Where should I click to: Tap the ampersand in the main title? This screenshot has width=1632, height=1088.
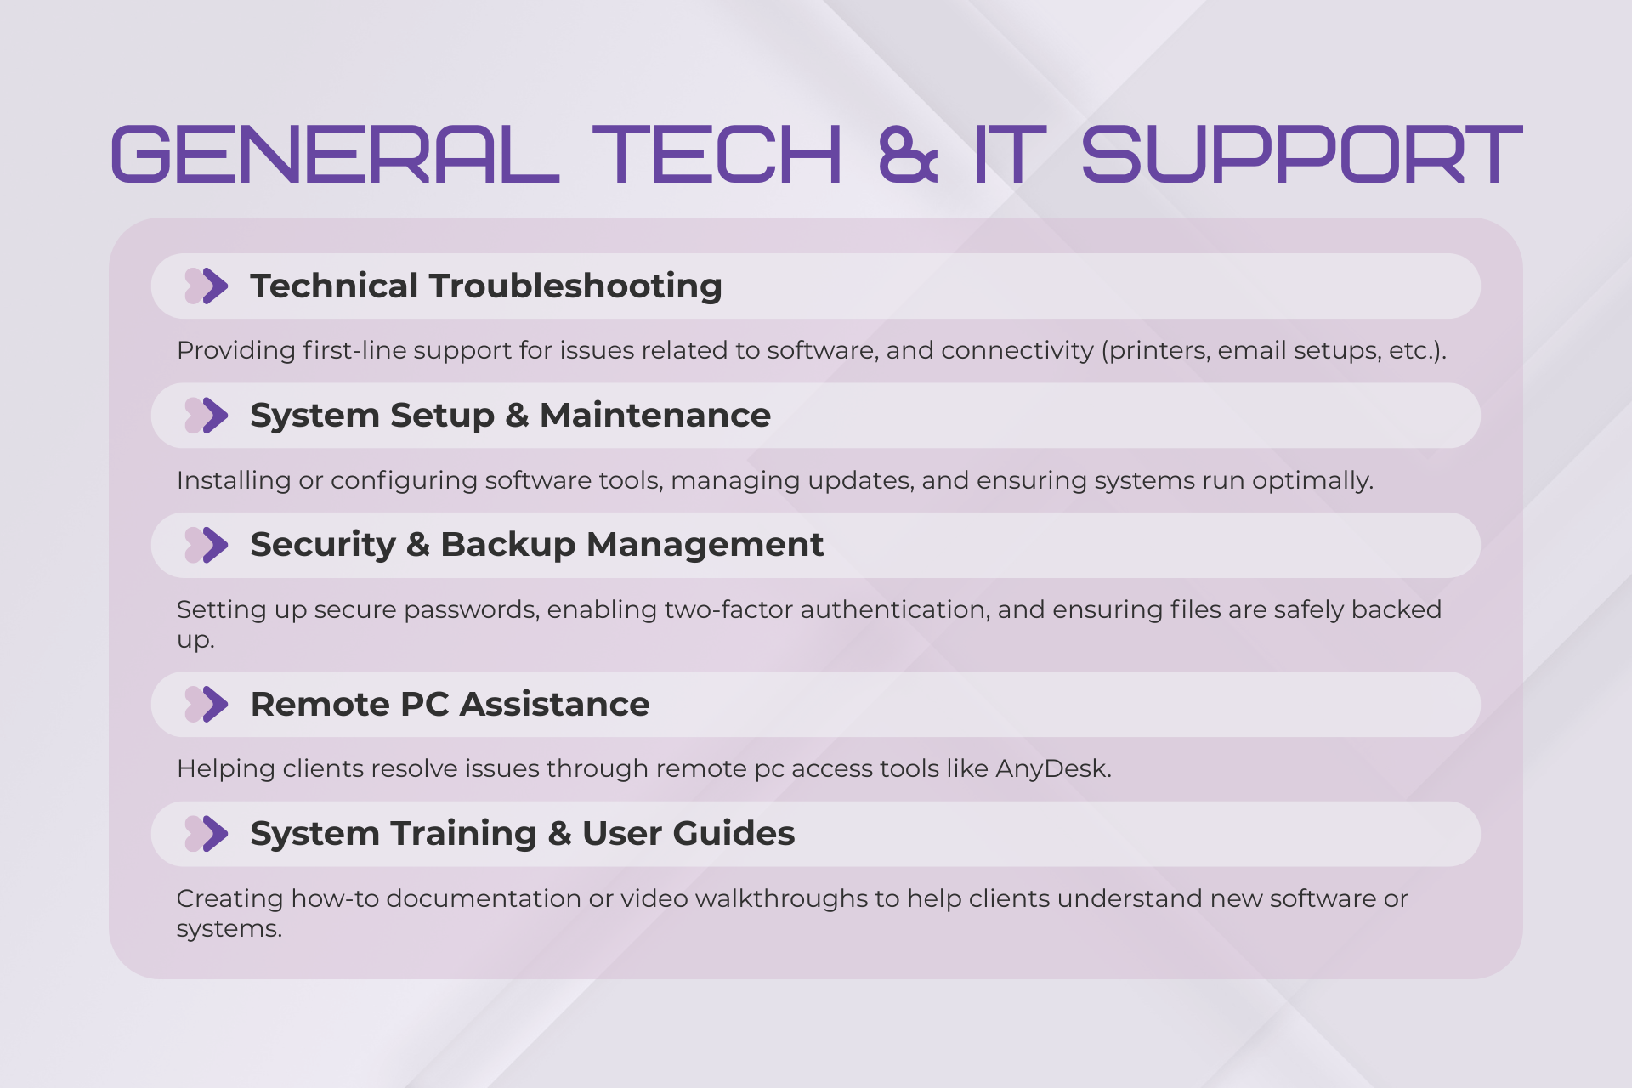click(x=908, y=154)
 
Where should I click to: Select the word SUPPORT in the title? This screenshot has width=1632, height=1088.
click(x=1301, y=154)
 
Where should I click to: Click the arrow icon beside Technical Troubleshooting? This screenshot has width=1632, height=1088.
click(x=207, y=286)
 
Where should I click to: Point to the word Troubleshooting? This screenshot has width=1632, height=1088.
click(x=575, y=286)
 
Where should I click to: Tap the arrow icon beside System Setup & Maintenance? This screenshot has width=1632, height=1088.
click(x=207, y=415)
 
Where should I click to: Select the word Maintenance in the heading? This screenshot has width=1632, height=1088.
click(x=655, y=415)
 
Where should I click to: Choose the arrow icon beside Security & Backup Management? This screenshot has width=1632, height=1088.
click(x=207, y=544)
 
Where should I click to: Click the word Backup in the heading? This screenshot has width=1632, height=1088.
click(x=508, y=544)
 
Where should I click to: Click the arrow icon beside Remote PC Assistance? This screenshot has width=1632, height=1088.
click(x=207, y=704)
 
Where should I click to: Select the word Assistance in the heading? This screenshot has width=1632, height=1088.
click(x=555, y=704)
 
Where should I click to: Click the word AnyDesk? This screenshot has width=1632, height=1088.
click(x=1053, y=768)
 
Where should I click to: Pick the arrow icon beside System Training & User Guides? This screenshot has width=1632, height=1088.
click(x=207, y=833)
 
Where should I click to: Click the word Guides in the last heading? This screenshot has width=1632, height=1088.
click(x=734, y=833)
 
